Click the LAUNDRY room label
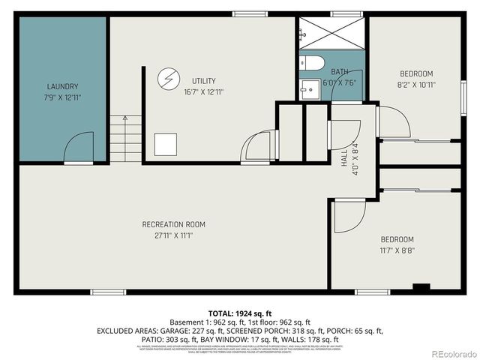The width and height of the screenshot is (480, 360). pos(62,86)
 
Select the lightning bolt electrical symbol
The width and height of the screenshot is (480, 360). pos(168,78)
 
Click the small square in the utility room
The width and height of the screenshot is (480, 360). pos(166,144)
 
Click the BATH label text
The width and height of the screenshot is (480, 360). pos(340,72)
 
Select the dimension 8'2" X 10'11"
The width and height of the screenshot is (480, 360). pos(415,85)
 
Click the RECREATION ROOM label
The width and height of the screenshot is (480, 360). pos(174,224)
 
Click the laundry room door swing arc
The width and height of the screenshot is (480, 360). pos(78,148)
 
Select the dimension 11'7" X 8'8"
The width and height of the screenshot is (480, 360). pos(396,251)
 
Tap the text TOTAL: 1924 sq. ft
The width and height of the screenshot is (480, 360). pos(239,312)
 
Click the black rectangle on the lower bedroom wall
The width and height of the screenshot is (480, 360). pos(421,286)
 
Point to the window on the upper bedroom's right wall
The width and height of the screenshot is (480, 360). pos(463,97)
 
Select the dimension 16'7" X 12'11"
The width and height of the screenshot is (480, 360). pos(203,91)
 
